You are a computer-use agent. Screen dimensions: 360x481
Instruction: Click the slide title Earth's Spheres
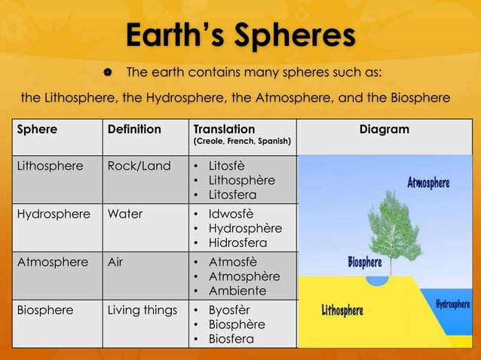pos(240,35)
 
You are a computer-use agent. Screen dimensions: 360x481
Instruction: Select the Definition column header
pos(134,130)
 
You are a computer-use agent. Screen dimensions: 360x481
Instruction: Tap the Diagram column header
pos(384,130)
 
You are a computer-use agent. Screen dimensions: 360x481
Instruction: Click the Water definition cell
pos(125,213)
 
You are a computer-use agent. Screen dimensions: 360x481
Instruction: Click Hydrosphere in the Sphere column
pos(48,213)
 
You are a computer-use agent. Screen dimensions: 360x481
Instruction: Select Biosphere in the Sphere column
pos(44,310)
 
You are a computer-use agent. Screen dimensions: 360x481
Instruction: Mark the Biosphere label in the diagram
pos(364,263)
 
